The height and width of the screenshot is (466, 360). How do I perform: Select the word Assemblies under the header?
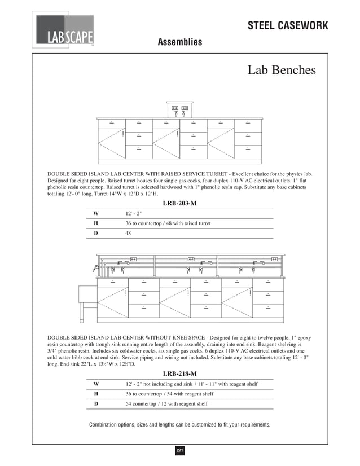tap(179, 42)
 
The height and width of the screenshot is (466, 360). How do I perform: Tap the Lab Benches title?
tap(282, 71)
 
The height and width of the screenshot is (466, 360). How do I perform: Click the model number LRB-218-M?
tap(179, 373)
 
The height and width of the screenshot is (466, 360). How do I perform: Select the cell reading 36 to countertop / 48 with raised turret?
tap(168, 223)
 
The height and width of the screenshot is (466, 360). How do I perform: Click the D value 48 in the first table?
tap(128, 232)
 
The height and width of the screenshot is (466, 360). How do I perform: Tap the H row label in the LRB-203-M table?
tap(96, 223)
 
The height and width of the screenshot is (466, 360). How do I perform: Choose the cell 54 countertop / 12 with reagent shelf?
tap(166, 403)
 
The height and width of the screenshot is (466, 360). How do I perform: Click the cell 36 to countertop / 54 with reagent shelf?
tap(169, 394)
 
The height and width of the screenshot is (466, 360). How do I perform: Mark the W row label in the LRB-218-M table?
tap(96, 384)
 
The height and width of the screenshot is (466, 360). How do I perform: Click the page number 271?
tap(180, 450)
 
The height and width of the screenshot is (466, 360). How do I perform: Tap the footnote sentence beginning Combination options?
tap(179, 424)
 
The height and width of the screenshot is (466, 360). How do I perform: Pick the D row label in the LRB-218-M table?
tap(96, 403)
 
